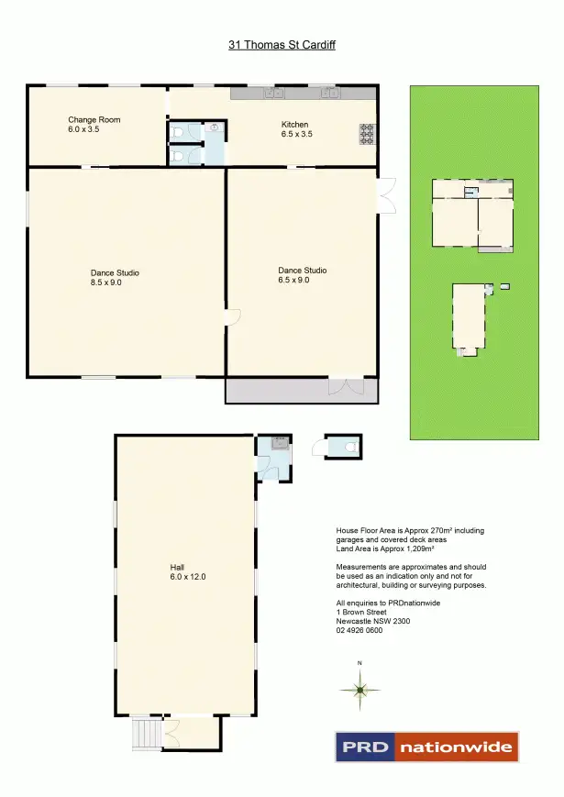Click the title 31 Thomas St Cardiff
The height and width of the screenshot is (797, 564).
[x=282, y=44]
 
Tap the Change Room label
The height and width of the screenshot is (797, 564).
[x=94, y=120]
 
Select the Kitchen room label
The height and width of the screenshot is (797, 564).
[x=294, y=125]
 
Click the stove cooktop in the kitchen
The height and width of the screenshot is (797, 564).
[x=367, y=134]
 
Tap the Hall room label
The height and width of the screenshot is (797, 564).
[x=178, y=567]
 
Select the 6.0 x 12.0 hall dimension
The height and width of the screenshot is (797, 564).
[x=187, y=577]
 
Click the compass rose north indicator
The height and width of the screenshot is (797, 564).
[x=360, y=688]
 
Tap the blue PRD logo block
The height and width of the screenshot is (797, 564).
[x=365, y=747]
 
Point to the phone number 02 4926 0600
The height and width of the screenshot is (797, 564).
[x=360, y=630]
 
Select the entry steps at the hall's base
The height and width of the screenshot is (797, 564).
[x=146, y=733]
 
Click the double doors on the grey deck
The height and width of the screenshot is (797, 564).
[x=341, y=387]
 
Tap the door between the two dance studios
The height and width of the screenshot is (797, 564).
[x=231, y=317]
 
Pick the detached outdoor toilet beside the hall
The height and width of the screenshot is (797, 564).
[x=344, y=446]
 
